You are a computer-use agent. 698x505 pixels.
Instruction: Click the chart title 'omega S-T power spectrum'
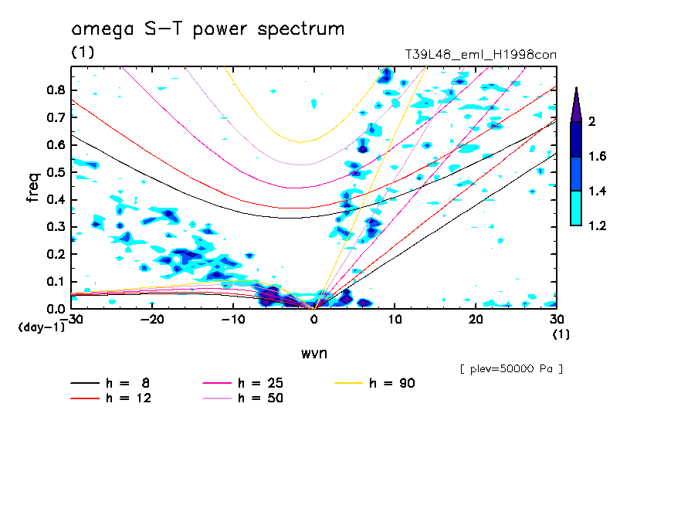(208, 29)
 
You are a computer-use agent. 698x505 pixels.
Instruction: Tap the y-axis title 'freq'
(32, 187)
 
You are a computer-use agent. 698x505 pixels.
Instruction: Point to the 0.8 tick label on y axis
(55, 90)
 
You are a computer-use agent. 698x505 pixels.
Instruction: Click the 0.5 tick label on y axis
(55, 172)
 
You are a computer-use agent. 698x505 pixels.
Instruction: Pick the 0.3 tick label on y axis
(55, 227)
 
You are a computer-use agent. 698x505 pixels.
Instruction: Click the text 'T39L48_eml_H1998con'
(480, 55)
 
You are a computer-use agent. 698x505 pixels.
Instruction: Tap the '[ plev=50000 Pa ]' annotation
(510, 369)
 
